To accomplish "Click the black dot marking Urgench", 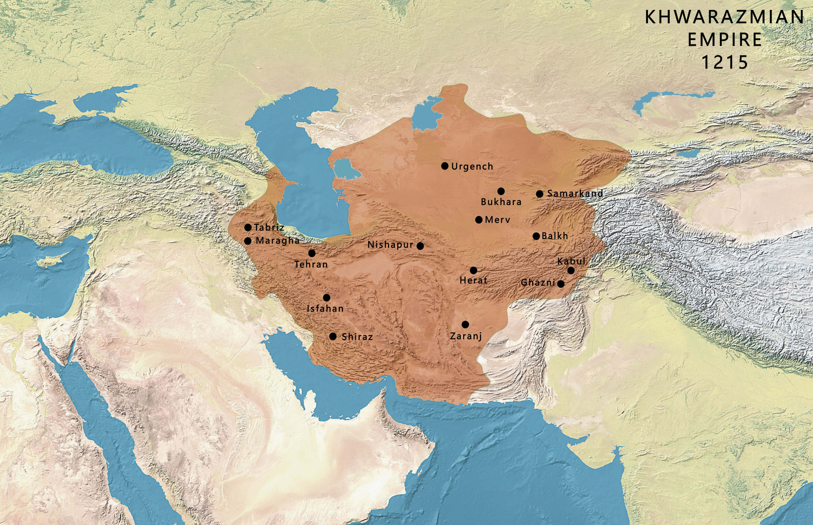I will point(445,166).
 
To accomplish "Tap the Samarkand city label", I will point(575,193).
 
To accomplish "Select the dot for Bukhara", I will point(501,191).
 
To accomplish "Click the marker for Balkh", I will point(536,236).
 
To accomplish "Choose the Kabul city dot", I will point(571,270).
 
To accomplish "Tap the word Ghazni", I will point(538,283).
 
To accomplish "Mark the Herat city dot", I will point(474,270).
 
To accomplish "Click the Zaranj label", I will point(466,336).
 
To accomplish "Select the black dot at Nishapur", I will point(420,246).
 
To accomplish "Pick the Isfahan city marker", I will point(326,298).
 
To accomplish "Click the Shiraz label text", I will point(357,337).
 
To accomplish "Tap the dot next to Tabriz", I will point(248,227).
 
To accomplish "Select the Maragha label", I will point(277,241).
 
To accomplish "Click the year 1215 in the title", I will point(724,62).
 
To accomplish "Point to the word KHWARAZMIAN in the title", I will point(724,17).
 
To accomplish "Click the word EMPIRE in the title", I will point(724,40).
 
